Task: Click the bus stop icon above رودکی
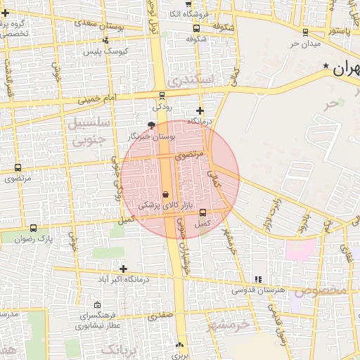pyautogui.click(x=162, y=96)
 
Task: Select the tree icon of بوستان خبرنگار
pyautogui.click(x=151, y=125)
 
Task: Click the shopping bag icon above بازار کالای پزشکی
pyautogui.click(x=165, y=194)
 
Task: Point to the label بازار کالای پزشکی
pyautogui.click(x=160, y=205)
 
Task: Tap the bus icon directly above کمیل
pyautogui.click(x=203, y=212)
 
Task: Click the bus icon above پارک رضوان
pyautogui.click(x=34, y=228)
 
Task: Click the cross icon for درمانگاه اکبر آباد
pyautogui.click(x=123, y=269)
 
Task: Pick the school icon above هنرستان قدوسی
pyautogui.click(x=258, y=279)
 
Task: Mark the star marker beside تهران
pyautogui.click(x=326, y=67)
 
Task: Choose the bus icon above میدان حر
pyautogui.click(x=305, y=32)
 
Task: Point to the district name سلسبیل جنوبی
pyautogui.click(x=89, y=131)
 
